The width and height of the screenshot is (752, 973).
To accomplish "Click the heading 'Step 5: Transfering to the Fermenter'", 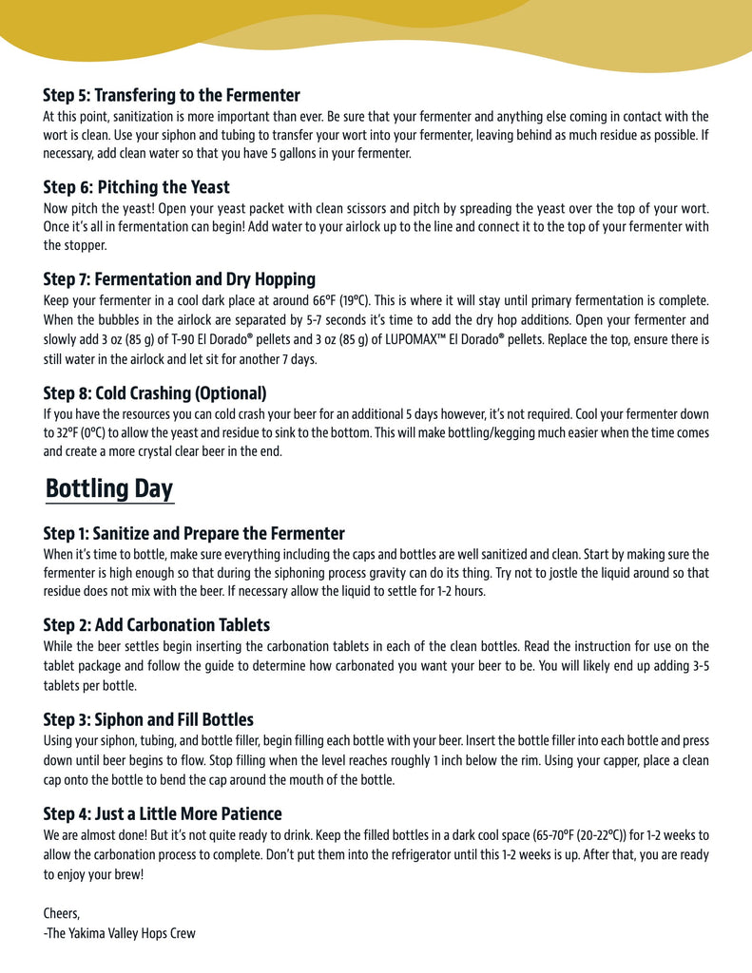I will [x=171, y=95].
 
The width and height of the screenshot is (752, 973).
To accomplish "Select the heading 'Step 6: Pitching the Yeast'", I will [x=136, y=187].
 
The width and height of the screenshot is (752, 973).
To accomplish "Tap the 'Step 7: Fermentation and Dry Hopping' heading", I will [x=179, y=279].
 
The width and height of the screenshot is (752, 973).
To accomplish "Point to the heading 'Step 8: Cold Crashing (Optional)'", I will [x=154, y=392].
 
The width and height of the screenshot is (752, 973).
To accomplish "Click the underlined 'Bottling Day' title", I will [x=108, y=489].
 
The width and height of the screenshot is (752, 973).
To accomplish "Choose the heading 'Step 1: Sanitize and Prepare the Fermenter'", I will [x=194, y=533].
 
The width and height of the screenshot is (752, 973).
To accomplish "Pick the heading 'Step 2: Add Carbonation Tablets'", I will [x=156, y=624].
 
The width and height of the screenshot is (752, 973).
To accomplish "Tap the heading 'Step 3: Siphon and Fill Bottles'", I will [x=148, y=719].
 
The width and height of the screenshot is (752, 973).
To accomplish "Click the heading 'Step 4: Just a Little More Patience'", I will [x=163, y=813].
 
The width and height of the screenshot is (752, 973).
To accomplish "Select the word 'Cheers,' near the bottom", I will [x=62, y=913].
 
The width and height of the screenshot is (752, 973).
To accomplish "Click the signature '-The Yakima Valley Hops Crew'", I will [x=119, y=933].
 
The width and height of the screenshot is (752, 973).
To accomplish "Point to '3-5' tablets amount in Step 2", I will [x=698, y=666].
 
